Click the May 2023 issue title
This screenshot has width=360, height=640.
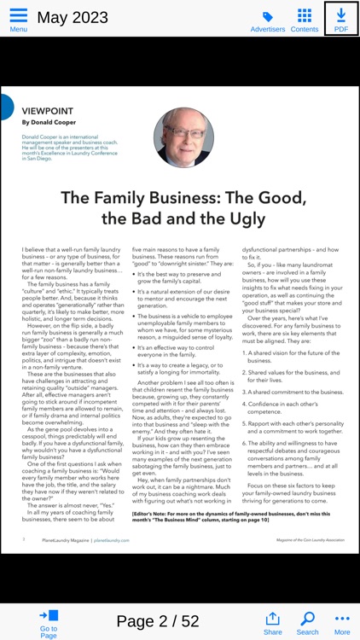73,17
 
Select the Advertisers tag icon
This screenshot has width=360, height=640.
268,16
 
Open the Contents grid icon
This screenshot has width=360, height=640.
305,15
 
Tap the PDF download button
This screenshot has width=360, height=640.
341,17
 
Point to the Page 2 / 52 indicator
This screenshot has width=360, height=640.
158,620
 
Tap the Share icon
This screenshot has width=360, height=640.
273,619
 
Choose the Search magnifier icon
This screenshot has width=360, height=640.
307,619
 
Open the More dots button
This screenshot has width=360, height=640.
342,619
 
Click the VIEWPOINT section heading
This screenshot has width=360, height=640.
47,111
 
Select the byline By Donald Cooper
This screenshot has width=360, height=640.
49,123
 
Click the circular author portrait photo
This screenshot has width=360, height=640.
183,137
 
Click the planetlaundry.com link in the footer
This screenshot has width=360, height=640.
112,540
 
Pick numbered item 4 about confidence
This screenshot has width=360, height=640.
290,406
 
